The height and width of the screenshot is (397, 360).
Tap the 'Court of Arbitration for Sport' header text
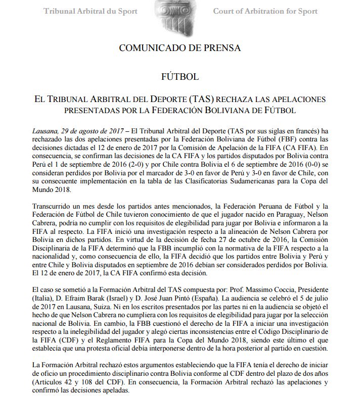coord(265,11)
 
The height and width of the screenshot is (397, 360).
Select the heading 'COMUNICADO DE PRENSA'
coord(179,48)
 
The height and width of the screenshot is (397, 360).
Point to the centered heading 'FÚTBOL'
coord(179,77)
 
